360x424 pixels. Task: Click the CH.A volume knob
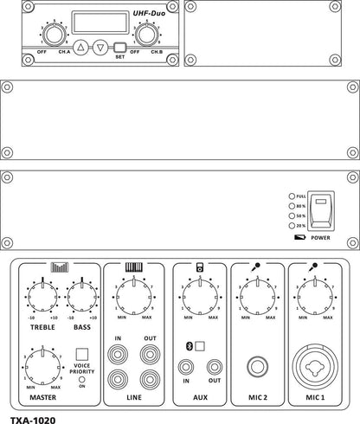coord(54,35)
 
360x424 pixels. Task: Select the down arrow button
coord(101,48)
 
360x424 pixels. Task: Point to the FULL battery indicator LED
coord(292,197)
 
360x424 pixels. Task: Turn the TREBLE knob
coord(40,298)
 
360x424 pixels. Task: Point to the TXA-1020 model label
coord(33,416)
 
